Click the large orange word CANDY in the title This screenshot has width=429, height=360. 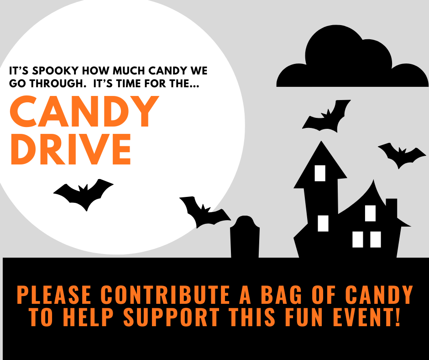84,111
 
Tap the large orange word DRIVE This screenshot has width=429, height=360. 71,149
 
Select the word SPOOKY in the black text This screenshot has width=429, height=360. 56,71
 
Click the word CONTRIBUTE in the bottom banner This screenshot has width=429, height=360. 165,295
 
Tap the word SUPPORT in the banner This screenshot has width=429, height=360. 171,317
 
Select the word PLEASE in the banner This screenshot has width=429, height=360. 54,295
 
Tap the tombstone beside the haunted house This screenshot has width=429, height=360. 245,237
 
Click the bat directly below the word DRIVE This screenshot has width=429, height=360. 84,194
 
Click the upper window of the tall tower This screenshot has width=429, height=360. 320,173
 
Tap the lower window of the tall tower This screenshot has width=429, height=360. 323,223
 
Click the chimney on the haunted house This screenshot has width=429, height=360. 391,208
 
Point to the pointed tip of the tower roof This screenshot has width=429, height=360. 321,141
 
